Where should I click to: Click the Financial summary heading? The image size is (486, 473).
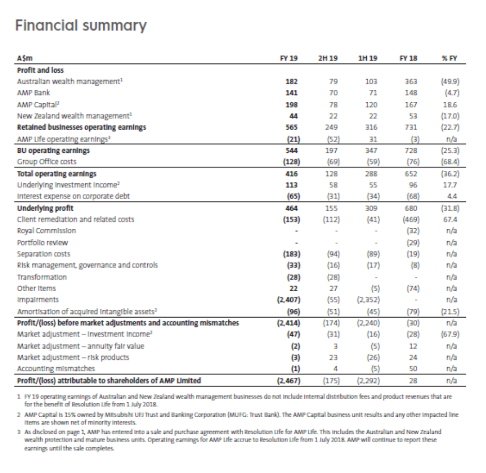click(x=81, y=25)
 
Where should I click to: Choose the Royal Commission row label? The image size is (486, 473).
click(x=46, y=231)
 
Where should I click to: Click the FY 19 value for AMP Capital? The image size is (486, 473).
click(x=291, y=104)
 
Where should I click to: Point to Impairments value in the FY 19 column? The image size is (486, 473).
click(x=289, y=300)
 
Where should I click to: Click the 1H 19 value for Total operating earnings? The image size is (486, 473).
click(x=371, y=174)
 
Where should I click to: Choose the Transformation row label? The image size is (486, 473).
click(x=42, y=277)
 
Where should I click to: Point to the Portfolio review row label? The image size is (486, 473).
click(x=42, y=243)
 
